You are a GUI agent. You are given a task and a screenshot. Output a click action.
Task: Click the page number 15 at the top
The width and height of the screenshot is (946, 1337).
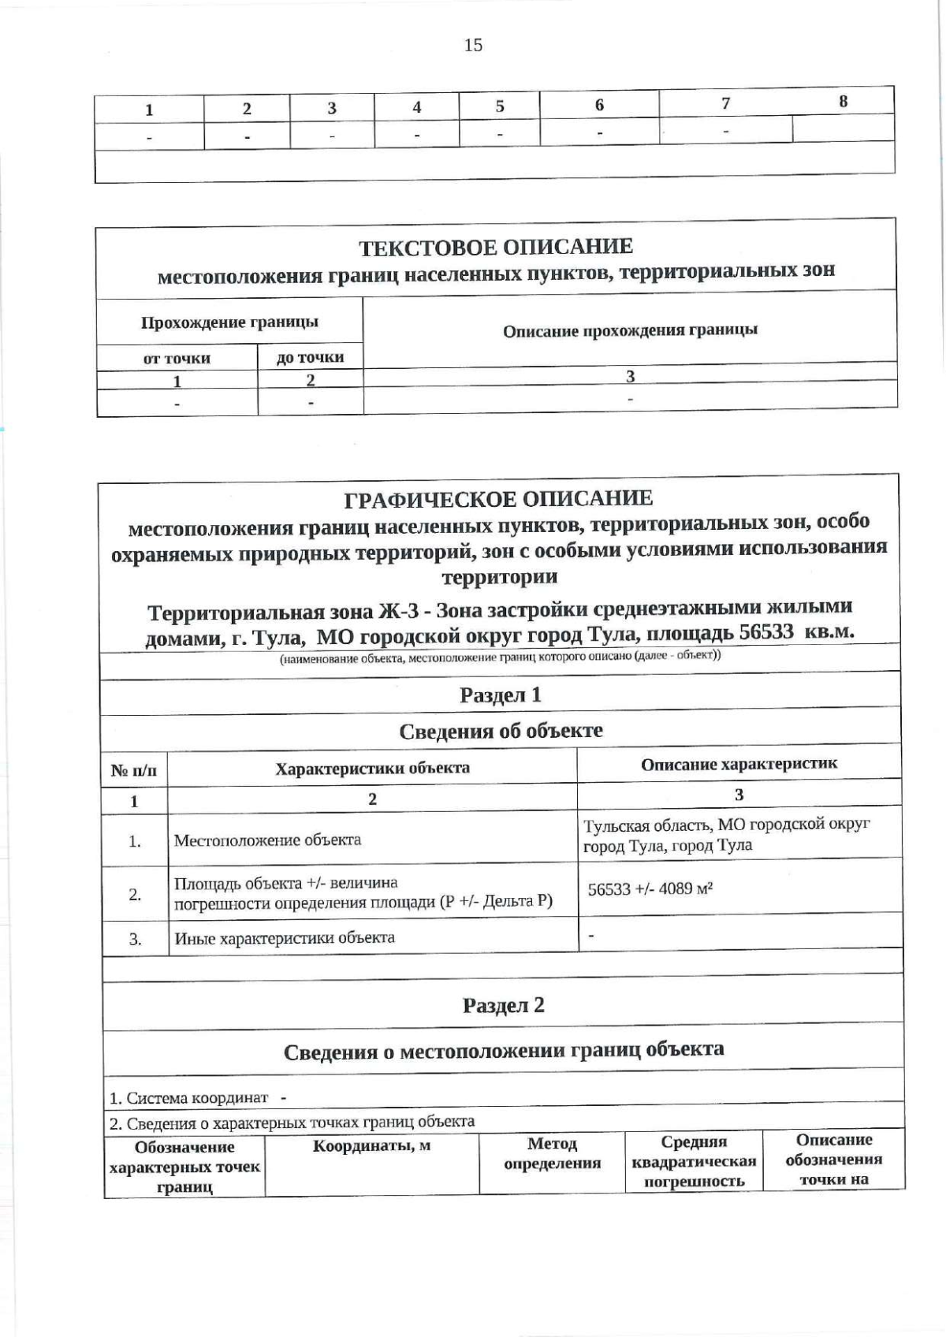click(473, 45)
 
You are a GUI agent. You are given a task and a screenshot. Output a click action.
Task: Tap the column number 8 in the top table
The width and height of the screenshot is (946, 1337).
click(843, 102)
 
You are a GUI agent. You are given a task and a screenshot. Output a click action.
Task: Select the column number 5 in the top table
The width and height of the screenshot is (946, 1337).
click(500, 106)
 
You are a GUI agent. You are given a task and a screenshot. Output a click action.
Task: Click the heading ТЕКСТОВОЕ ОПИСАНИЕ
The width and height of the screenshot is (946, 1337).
click(496, 248)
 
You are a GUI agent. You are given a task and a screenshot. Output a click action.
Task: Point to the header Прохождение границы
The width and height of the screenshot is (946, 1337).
click(229, 322)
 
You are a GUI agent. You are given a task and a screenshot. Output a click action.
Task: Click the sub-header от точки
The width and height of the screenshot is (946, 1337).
click(177, 359)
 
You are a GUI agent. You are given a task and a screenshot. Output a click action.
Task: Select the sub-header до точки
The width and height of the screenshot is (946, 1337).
click(310, 357)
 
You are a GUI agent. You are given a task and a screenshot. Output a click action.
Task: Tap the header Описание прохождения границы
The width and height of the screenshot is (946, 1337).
click(630, 330)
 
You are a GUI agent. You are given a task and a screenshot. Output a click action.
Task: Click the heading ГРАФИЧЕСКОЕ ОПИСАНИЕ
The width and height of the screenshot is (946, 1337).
click(498, 498)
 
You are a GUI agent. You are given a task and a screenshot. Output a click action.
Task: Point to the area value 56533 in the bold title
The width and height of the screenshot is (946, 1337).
click(765, 632)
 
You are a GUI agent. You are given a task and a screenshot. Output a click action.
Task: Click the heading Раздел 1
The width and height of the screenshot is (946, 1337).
click(501, 695)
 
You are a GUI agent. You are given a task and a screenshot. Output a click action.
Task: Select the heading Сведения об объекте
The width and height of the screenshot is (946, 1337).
click(501, 731)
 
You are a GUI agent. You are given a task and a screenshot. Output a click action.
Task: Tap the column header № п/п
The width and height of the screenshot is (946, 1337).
click(134, 770)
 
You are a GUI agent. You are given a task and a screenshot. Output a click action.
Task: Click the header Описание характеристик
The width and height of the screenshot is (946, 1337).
click(739, 764)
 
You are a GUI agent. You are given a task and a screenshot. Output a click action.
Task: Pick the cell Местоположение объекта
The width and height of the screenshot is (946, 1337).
click(267, 840)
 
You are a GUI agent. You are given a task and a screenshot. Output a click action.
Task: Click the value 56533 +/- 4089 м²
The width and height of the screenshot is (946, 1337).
click(650, 889)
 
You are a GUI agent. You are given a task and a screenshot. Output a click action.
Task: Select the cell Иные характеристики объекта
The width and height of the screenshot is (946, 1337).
click(284, 938)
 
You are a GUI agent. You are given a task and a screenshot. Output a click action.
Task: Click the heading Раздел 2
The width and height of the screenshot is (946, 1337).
click(503, 1005)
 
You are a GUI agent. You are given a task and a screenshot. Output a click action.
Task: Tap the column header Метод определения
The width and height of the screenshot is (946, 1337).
click(552, 1153)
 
